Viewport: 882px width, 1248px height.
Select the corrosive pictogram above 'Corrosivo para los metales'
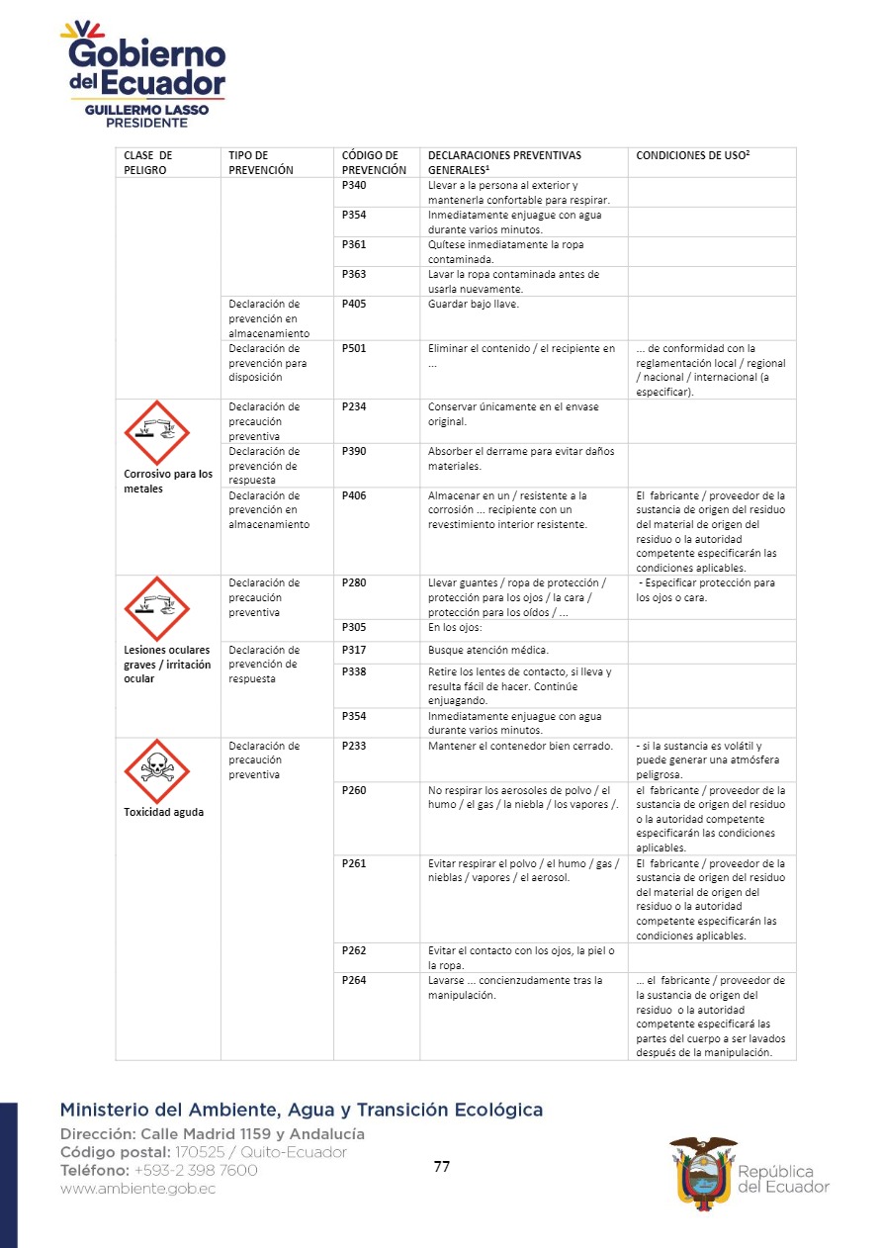click(156, 432)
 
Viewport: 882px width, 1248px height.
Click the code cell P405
click(354, 305)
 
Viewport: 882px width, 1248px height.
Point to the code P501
click(354, 348)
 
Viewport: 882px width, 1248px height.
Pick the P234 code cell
click(354, 406)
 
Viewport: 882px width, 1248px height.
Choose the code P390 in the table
click(354, 451)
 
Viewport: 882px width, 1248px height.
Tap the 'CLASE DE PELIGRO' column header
click(147, 162)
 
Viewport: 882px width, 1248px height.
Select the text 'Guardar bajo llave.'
click(473, 305)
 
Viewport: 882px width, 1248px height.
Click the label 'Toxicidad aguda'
click(163, 813)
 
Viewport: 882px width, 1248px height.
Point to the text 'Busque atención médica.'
click(487, 650)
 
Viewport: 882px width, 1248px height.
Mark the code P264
click(354, 981)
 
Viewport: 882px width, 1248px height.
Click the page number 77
click(442, 1167)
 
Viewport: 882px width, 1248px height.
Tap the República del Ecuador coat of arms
click(703, 1169)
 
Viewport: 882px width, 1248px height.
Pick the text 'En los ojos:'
click(456, 627)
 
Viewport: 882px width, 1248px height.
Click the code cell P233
click(354, 746)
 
